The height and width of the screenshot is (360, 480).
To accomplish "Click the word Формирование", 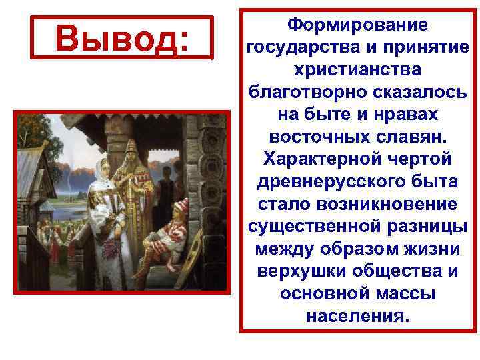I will coord(357,25).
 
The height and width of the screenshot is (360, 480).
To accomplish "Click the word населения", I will coord(357,314).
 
